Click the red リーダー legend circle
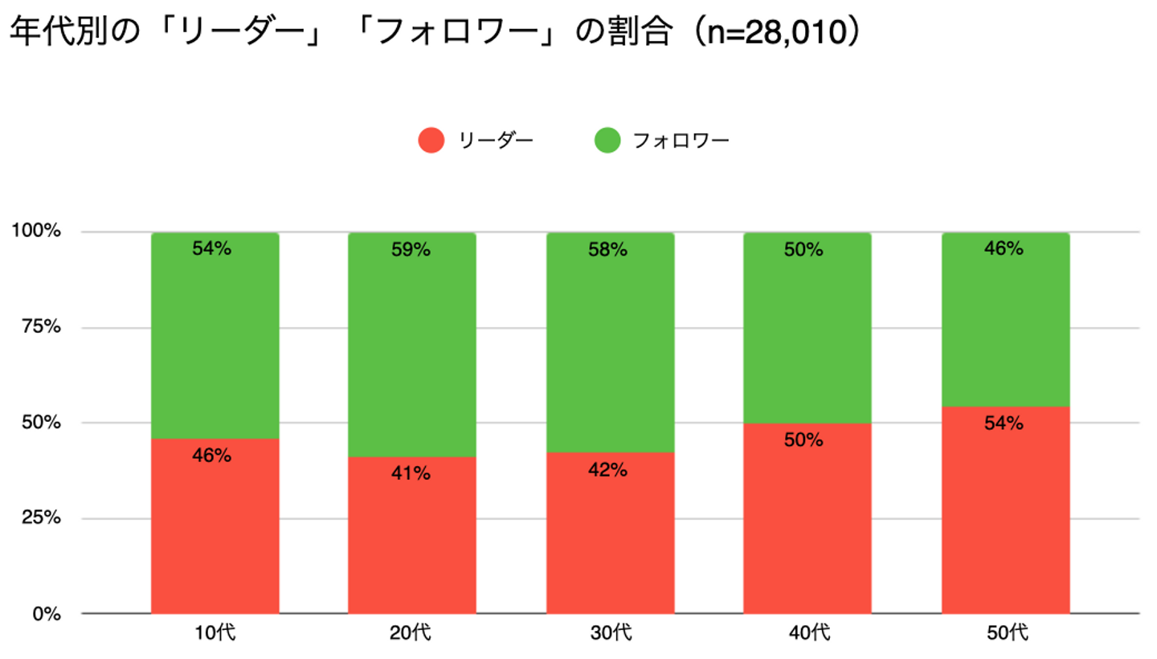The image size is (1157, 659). pyautogui.click(x=431, y=141)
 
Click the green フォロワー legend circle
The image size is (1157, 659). pyautogui.click(x=607, y=141)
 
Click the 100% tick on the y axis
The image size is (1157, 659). pyautogui.click(x=35, y=231)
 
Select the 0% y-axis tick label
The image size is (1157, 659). pyautogui.click(x=45, y=614)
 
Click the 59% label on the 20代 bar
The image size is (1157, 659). pyautogui.click(x=411, y=250)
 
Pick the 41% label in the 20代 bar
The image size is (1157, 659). pyautogui.click(x=411, y=474)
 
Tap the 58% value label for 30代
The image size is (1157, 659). pyautogui.click(x=610, y=250)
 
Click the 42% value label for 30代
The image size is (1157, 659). pyautogui.click(x=610, y=470)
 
